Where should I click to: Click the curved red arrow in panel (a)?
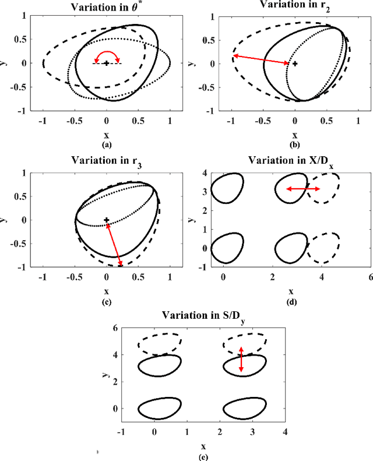tap(107, 54)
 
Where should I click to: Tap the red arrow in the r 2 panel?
tap(261, 59)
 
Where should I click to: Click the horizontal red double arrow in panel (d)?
tap(302, 189)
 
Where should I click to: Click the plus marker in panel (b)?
tap(295, 63)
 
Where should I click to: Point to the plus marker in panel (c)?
tap(107, 220)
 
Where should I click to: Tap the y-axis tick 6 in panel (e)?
tap(115, 328)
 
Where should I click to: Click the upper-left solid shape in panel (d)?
tap(227, 188)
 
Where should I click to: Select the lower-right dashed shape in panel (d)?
tap(324, 248)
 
